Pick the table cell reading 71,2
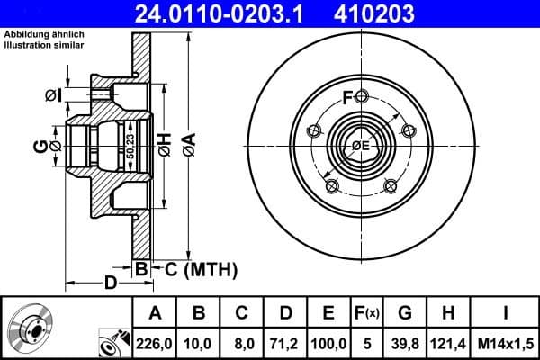[x=284, y=343]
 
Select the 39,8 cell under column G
[x=404, y=343]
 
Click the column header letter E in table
[x=328, y=312]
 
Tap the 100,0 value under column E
[x=328, y=343]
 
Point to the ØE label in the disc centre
[x=360, y=147]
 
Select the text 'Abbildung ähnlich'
[x=44, y=33]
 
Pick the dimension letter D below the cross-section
[x=110, y=283]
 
